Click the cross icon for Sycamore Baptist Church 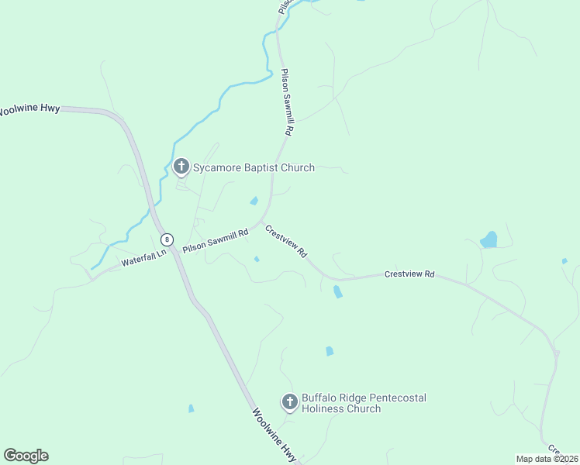181,166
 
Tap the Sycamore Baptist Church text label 254,167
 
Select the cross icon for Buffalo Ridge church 290,401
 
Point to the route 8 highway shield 167,239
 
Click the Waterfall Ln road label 143,258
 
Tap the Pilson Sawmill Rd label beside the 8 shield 216,238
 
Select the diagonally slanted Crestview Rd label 286,242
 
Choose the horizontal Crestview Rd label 409,274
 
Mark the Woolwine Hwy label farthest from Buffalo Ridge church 29,110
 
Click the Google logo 26,456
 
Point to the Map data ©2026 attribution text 547,458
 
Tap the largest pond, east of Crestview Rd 489,239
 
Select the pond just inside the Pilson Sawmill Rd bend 254,201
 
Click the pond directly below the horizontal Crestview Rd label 337,292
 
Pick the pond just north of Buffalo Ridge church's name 330,351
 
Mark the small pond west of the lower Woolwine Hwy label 191,408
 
